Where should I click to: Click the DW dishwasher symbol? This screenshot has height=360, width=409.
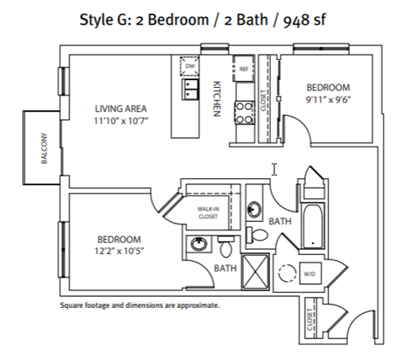pos(189,66)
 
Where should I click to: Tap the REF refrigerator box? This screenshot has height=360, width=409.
pos(244,68)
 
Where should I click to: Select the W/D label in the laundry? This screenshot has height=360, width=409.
pos(309,274)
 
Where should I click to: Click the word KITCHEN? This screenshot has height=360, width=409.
pos(217,99)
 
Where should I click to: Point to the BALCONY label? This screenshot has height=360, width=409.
pos(44,148)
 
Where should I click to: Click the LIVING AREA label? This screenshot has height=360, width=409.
pos(121,108)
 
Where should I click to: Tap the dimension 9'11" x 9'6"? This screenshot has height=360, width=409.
pos(328,100)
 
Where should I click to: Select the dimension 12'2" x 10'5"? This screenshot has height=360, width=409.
pos(119,252)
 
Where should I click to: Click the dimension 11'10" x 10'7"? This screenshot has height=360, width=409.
pos(121,121)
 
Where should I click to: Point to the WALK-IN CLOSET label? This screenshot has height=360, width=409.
pos(208,212)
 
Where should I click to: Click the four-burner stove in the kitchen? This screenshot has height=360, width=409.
pos(245,113)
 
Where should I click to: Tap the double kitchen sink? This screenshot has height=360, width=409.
pos(190,89)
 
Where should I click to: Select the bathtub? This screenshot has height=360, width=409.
pos(313,226)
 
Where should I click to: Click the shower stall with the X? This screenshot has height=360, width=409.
pos(255,272)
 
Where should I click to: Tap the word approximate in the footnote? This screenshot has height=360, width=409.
pos(198,306)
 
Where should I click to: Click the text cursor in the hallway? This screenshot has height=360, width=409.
pos(274,169)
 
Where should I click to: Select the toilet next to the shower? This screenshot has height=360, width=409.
pos(226,247)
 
